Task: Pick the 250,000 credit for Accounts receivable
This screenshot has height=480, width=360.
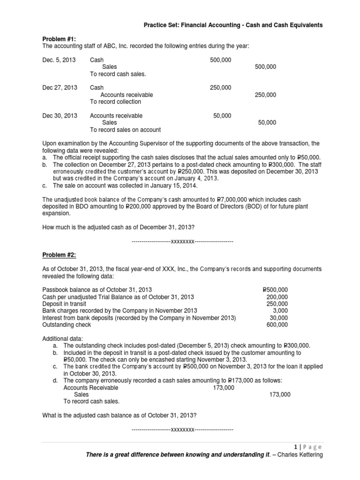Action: point(265,95)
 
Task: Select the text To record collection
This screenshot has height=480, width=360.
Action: point(115,102)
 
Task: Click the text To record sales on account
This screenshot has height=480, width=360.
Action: point(125,129)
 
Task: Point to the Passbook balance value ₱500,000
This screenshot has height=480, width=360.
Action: point(276,290)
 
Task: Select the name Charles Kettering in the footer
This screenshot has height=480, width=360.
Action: point(300,455)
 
